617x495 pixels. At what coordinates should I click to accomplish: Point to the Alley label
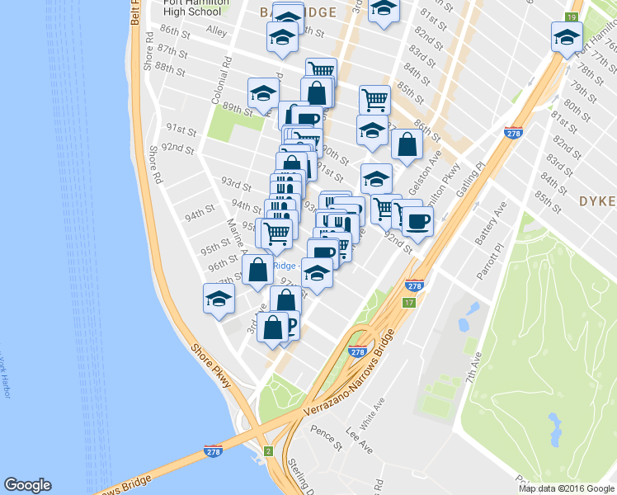click(x=216, y=31)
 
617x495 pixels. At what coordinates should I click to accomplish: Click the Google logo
click(x=27, y=485)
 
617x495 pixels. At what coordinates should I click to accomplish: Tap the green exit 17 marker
click(x=407, y=303)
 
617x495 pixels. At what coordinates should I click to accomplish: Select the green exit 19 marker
click(x=571, y=17)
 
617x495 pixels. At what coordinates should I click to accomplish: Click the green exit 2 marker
click(x=268, y=450)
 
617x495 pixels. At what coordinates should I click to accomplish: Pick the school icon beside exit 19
click(x=567, y=37)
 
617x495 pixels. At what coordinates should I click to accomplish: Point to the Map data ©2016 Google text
click(x=566, y=488)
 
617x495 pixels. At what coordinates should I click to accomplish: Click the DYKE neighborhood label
click(x=596, y=200)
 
